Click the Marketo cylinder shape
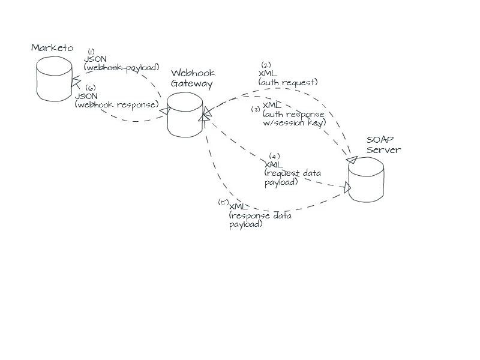click(x=53, y=79)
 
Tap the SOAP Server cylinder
click(x=366, y=181)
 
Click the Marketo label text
click(x=52, y=47)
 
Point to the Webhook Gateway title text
click(x=192, y=79)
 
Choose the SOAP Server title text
click(x=383, y=145)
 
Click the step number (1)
click(x=91, y=52)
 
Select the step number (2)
click(x=266, y=65)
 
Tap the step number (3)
click(x=256, y=110)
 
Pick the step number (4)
click(x=275, y=156)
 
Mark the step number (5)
click(x=223, y=202)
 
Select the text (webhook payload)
click(x=121, y=67)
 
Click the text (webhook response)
click(x=116, y=104)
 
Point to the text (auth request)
click(x=288, y=82)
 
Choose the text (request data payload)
click(x=292, y=178)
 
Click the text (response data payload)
click(x=260, y=220)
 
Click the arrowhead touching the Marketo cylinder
click(x=76, y=82)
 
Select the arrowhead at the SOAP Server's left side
click(x=347, y=188)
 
